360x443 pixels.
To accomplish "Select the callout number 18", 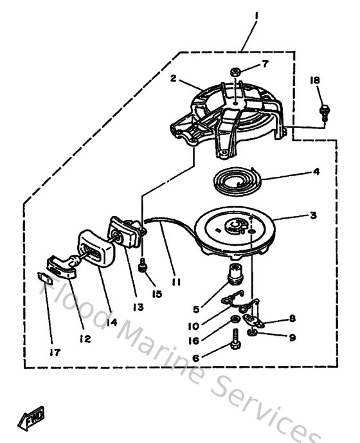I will click(x=315, y=80).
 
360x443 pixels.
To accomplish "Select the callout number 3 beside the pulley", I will click(x=312, y=215).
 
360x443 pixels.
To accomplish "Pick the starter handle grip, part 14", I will click(x=95, y=247).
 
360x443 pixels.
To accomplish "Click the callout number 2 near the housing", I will click(x=173, y=78).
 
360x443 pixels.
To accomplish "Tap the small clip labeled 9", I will click(x=255, y=334).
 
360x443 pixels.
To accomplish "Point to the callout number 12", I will click(x=84, y=338).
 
